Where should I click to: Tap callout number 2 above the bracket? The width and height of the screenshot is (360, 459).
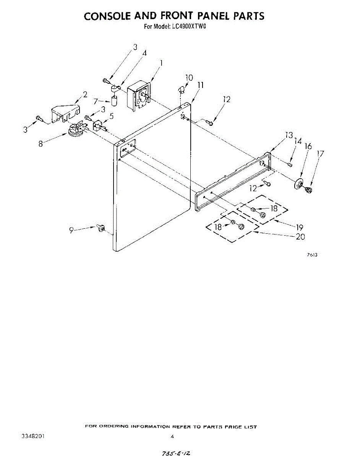(85, 94)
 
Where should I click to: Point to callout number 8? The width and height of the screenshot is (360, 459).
(41, 145)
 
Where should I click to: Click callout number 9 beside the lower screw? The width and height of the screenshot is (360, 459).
(71, 230)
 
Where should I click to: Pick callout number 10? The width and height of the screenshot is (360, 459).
(189, 78)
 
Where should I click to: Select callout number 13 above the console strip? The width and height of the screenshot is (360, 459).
(289, 135)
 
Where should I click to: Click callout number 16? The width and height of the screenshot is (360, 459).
(308, 146)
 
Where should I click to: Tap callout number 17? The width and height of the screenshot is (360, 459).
(320, 154)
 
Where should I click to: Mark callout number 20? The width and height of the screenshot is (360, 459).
(300, 237)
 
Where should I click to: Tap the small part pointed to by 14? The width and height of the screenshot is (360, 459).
(290, 164)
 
